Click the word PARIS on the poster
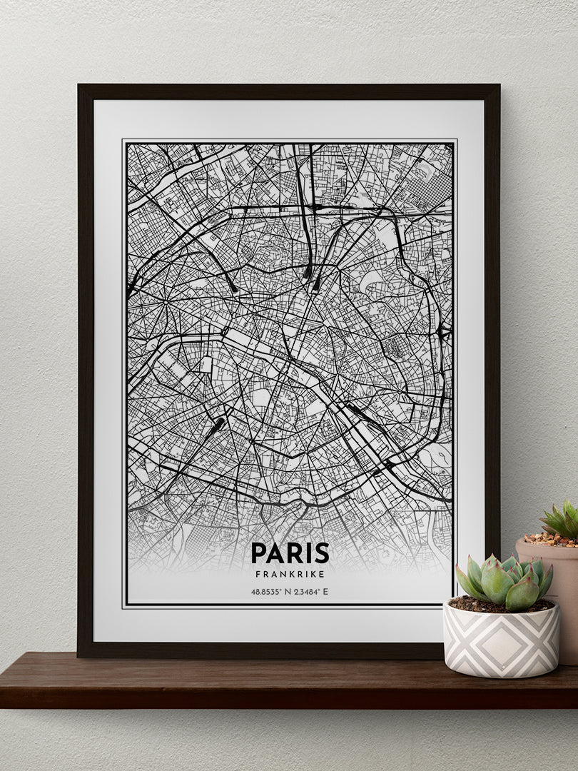290,553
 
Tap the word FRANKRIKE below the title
290,573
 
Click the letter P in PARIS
258,553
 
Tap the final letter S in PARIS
322,553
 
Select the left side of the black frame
86,371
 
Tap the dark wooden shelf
214,682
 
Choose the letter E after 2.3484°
326,592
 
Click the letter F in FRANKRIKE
258,573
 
